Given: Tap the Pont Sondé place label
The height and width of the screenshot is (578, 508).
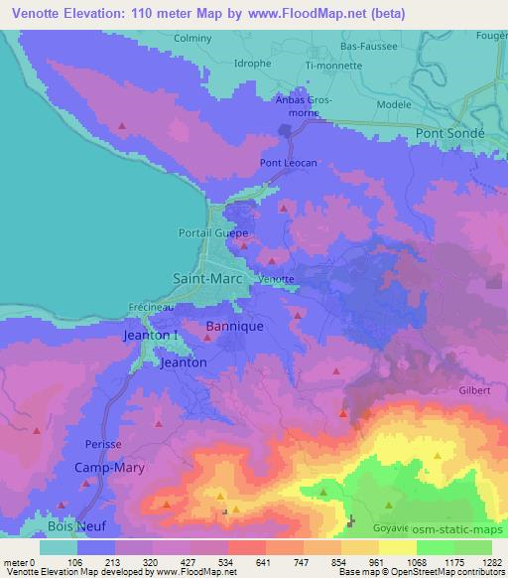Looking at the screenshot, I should click(x=449, y=132).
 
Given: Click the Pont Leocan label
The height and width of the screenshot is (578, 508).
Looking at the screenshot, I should click(x=286, y=163).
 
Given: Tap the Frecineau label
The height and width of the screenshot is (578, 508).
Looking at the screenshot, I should click(x=152, y=308).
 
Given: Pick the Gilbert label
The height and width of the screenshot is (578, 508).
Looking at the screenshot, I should click(x=475, y=391).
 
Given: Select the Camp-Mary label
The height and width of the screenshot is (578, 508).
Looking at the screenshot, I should click(x=110, y=467).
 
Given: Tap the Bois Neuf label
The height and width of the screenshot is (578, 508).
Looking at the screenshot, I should click(x=73, y=526).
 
